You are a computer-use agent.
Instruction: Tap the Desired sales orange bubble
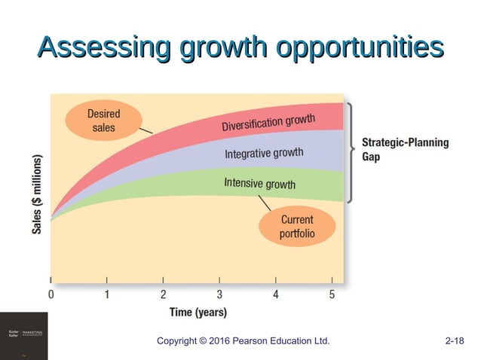[x=103, y=121]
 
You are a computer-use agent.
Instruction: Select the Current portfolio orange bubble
[x=296, y=227]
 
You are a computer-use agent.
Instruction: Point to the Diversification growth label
[x=268, y=123]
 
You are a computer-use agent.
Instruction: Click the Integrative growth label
[x=264, y=154]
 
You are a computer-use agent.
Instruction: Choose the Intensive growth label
[x=259, y=183]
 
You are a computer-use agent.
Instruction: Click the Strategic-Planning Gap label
[x=405, y=149]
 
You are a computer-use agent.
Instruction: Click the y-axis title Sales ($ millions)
[x=36, y=194]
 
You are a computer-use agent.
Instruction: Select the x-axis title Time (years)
[x=198, y=312]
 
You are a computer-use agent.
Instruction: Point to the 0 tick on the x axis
[x=51, y=294]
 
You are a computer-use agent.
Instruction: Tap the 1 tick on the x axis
[x=107, y=294]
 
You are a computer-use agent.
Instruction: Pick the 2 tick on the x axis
[x=164, y=294]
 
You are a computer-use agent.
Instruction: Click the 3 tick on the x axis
[x=219, y=294]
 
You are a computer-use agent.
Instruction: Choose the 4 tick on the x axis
[x=276, y=294]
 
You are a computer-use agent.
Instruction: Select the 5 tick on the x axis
[x=332, y=294]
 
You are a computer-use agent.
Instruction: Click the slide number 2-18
[x=455, y=341]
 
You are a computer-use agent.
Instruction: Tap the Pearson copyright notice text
[x=243, y=341]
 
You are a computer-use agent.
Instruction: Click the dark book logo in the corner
[x=23, y=336]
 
